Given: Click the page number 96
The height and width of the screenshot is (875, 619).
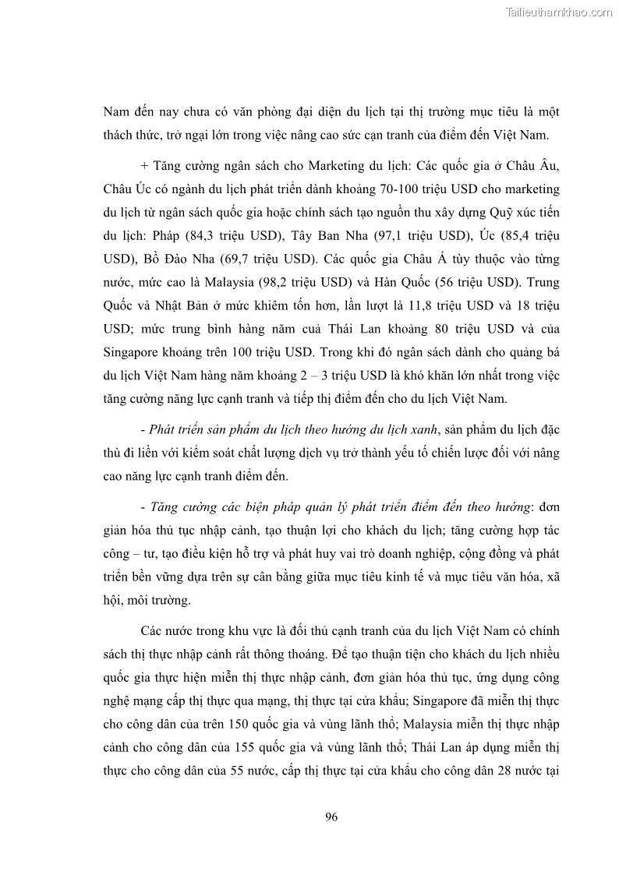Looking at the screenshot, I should click(x=331, y=817).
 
